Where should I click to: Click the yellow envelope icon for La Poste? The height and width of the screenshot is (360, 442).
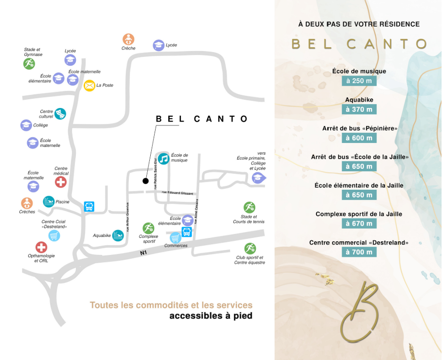coord(89,86)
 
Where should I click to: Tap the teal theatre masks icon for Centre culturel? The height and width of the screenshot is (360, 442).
coord(60,113)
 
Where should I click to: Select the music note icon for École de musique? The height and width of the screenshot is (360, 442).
coord(164,159)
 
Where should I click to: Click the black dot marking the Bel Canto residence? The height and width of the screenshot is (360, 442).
coord(145,181)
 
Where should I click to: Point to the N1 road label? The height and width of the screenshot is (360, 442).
coord(143,253)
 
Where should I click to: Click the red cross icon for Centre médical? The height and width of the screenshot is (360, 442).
coord(61,182)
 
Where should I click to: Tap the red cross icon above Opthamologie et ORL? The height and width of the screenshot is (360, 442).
coord(41,247)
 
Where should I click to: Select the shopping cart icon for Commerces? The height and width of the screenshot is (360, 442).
coord(176,237)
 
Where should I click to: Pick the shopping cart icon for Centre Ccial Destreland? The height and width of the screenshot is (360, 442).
coord(54,236)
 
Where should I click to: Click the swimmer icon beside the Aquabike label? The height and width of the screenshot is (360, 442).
coord(118,235)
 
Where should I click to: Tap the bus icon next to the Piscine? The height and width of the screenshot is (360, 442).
coord(89,206)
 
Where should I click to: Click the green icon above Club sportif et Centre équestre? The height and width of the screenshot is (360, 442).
coord(250,248)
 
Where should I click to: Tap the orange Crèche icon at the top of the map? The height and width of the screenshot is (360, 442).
coord(128,39)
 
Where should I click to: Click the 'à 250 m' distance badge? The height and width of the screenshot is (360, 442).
coord(359,81)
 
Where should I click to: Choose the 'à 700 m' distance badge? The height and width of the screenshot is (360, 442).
coord(359,252)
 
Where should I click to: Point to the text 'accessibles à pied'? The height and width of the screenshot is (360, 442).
coord(211,316)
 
